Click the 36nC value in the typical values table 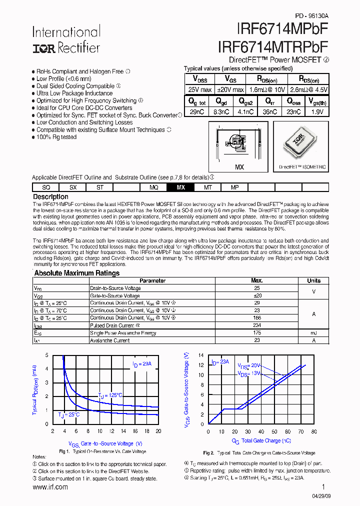coord(269,112)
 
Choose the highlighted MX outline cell coord(181,187)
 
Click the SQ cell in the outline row coord(46,187)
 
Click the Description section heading coord(50,197)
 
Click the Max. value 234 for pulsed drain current coord(257,325)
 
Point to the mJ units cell coord(314,332)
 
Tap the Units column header coord(314,280)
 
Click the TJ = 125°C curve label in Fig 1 coord(110,395)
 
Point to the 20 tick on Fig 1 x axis coord(158,431)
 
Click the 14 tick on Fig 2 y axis coord(201,355)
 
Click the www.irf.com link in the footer coord(50,487)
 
